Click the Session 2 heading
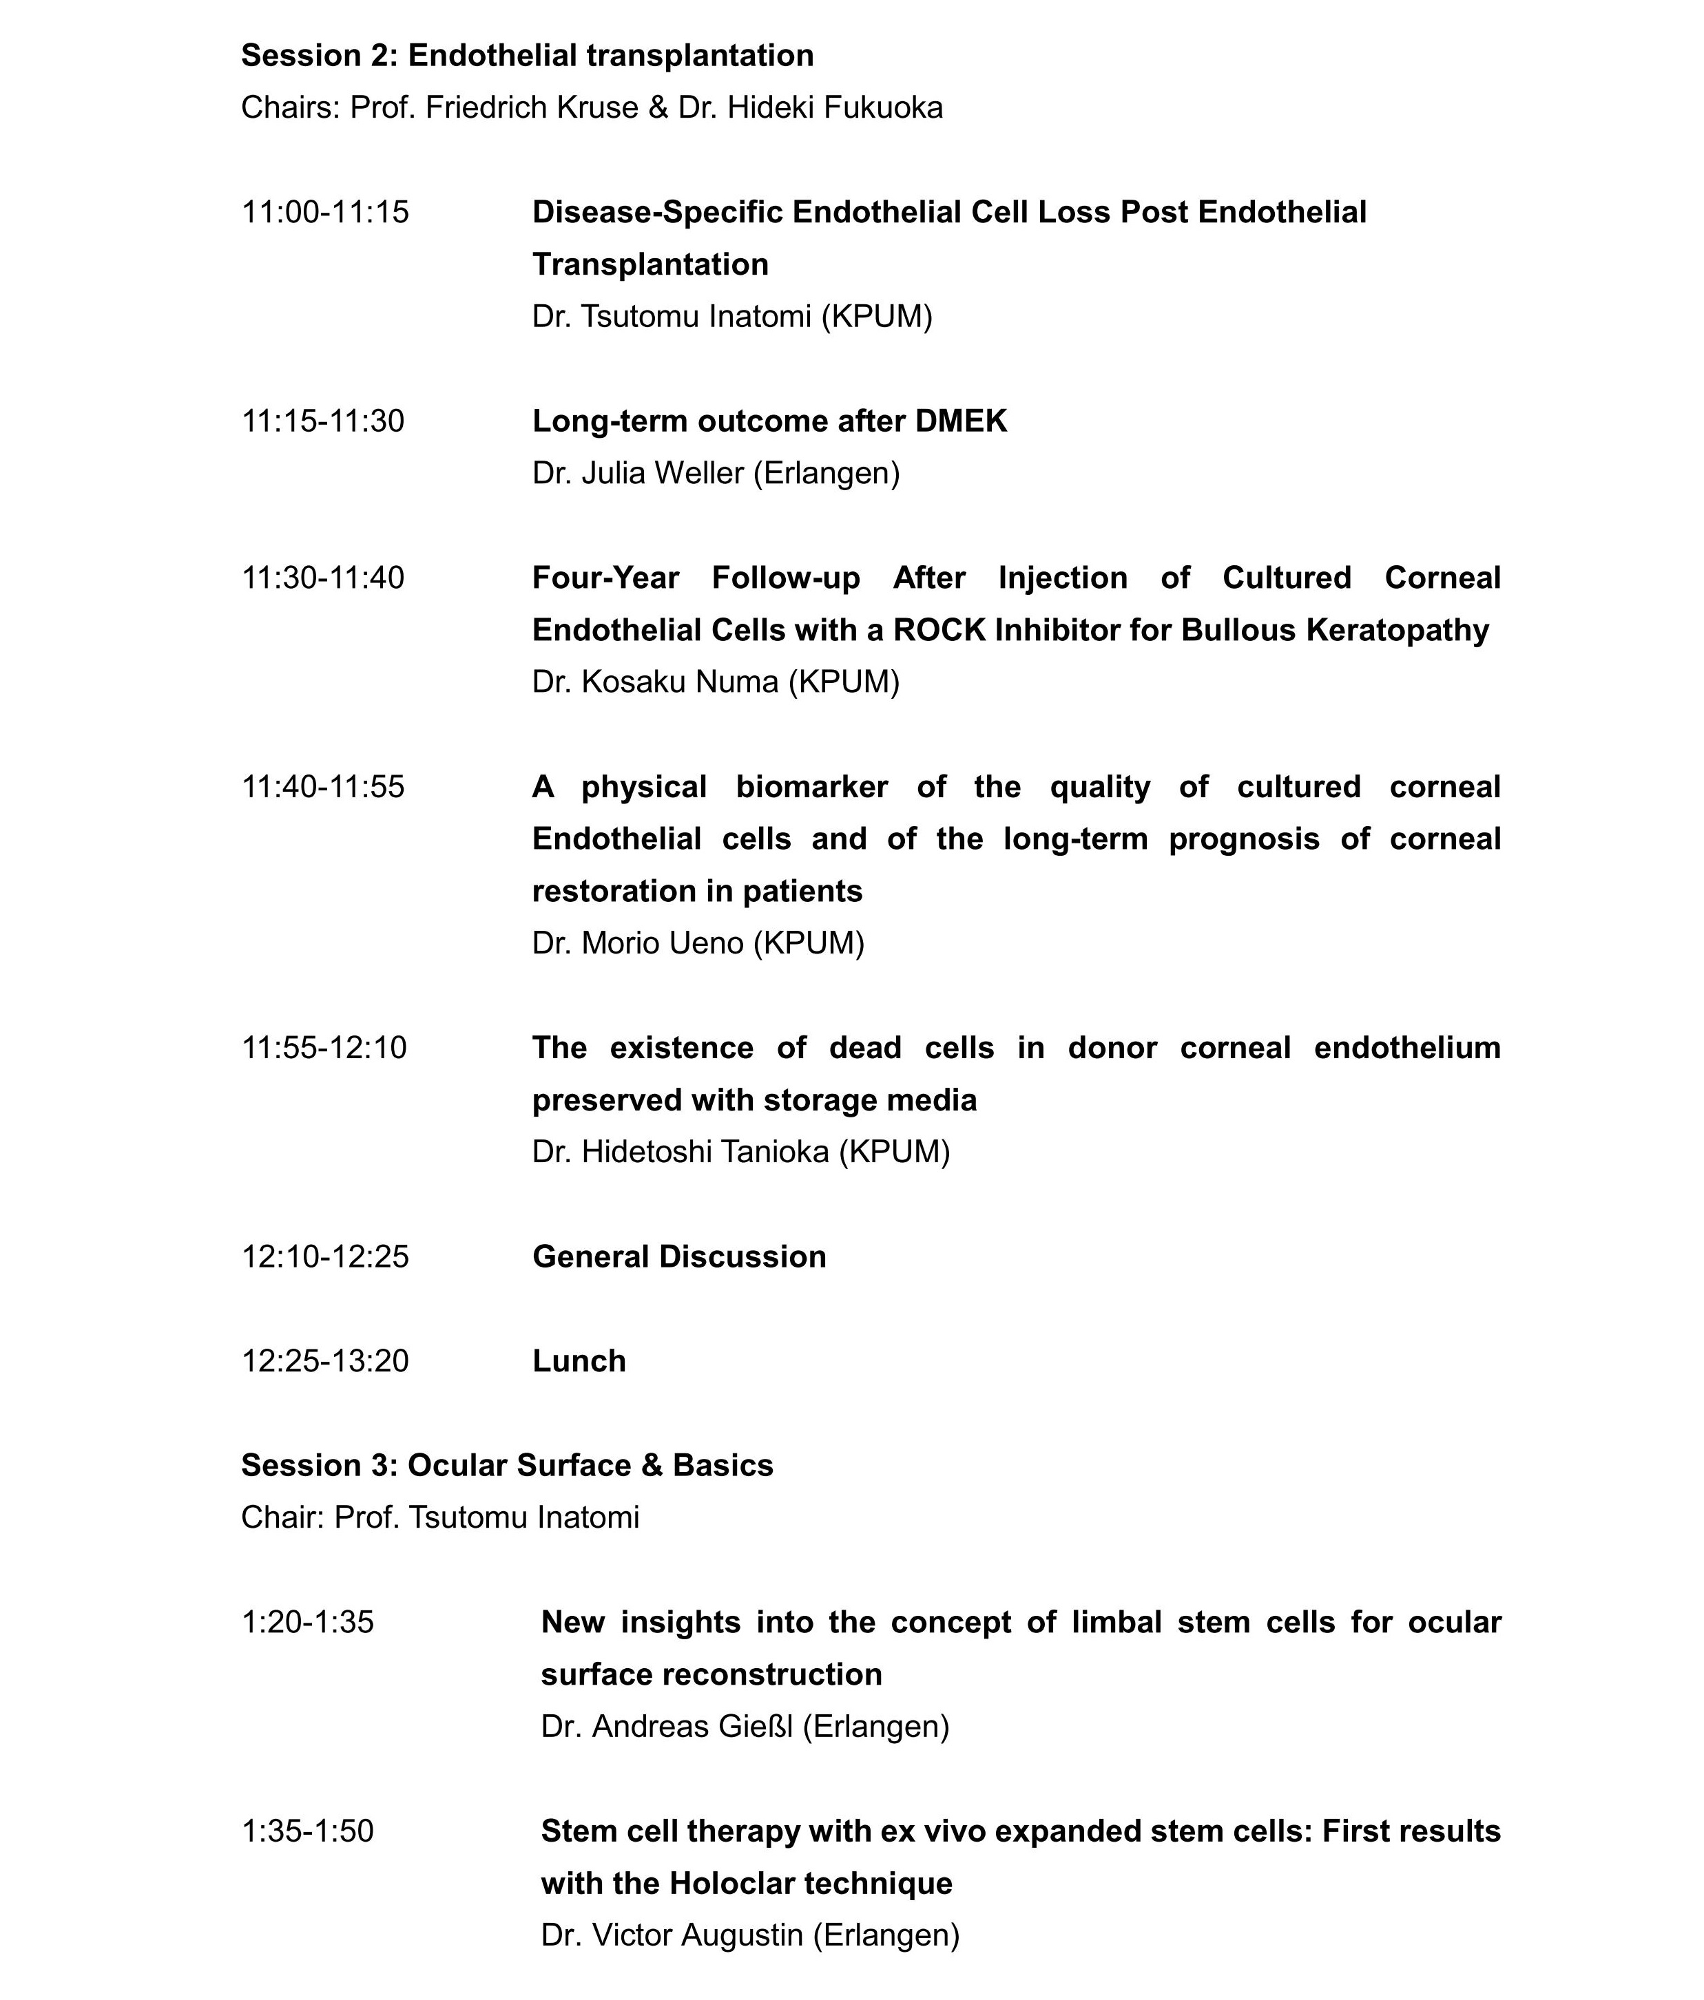click(x=526, y=56)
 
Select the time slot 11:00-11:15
click(x=324, y=212)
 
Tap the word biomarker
click(x=811, y=787)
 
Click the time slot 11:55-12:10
click(x=324, y=1047)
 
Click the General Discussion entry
click(x=678, y=1256)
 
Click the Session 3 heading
click(x=507, y=1465)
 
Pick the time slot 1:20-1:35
click(x=307, y=1621)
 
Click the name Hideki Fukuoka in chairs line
click(x=834, y=108)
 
